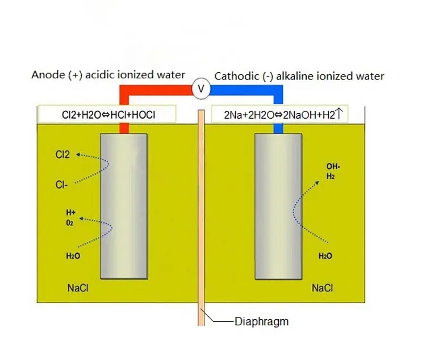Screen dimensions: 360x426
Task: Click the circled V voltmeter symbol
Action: pyautogui.click(x=200, y=89)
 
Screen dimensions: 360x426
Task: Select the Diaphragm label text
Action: pyautogui.click(x=261, y=321)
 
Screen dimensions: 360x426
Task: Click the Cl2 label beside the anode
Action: pyautogui.click(x=63, y=154)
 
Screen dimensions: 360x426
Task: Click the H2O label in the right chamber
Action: pyautogui.click(x=325, y=256)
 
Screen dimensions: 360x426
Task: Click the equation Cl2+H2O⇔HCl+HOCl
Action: pyautogui.click(x=108, y=115)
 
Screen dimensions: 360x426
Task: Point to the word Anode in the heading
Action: pyautogui.click(x=48, y=76)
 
